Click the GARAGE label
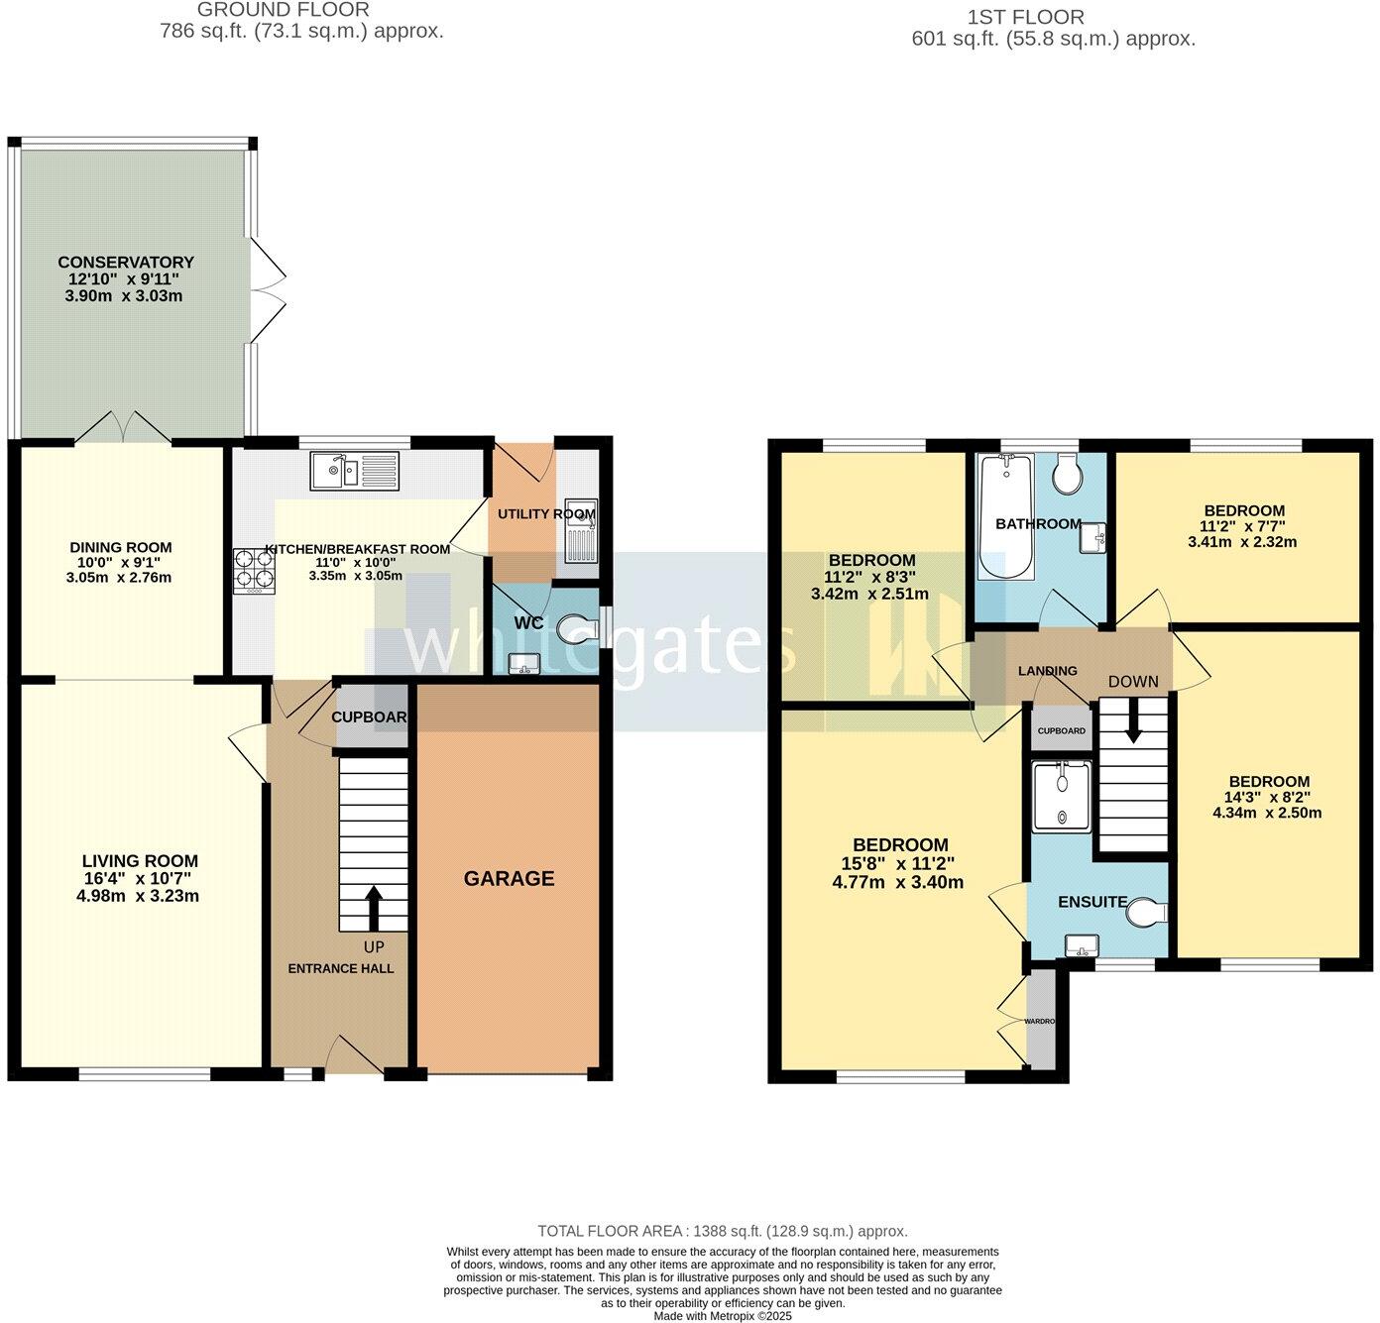pos(509,878)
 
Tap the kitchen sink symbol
pos(354,471)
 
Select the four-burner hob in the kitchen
pos(254,572)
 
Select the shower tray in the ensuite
pos(1061,796)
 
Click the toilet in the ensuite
pos(1146,912)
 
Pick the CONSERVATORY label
pos(126,263)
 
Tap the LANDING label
pos(1047,671)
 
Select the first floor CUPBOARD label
pos(1061,731)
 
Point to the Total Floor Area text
pos(722,1231)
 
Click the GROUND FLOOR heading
pos(284,10)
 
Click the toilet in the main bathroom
pos(1068,476)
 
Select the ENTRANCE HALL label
pos(340,968)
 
